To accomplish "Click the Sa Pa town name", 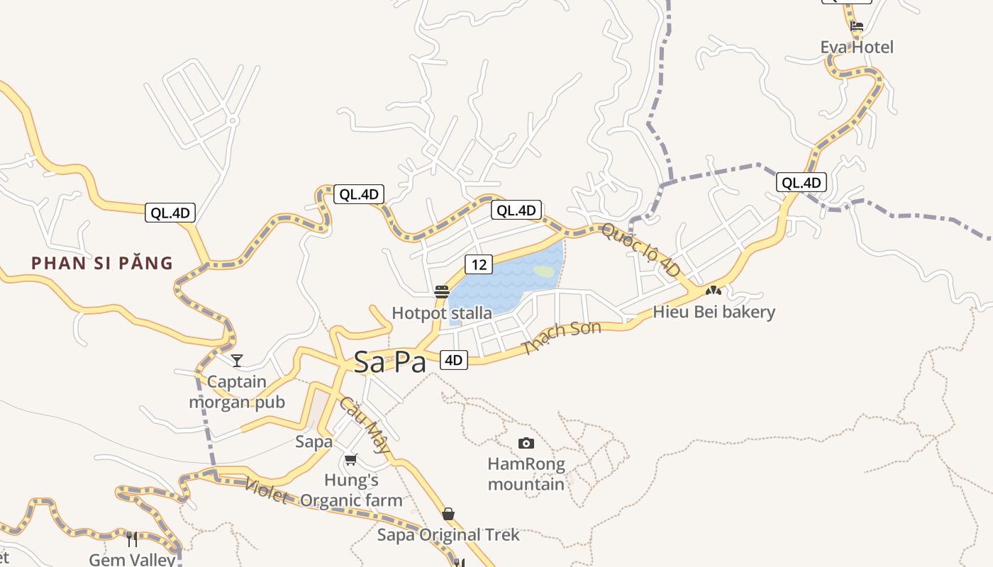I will [x=390, y=361].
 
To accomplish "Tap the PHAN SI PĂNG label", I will [x=102, y=263].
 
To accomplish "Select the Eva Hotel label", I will [x=857, y=47].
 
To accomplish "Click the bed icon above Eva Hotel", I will [x=857, y=27].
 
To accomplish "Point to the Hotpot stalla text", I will [x=442, y=313].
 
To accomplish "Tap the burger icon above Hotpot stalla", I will [x=442, y=291].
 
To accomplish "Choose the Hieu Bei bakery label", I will [x=714, y=312].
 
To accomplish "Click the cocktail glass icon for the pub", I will [x=237, y=361].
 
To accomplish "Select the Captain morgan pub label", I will [x=237, y=392].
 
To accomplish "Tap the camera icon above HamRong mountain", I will [x=526, y=443].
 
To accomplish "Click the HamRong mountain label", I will [x=526, y=474].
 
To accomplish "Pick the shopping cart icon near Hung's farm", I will [x=351, y=459].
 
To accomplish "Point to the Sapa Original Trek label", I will [x=448, y=534].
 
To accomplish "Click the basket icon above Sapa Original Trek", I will [x=448, y=514].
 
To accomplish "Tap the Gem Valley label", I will [x=132, y=559].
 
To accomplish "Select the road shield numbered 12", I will [x=479, y=264].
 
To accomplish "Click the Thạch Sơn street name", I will [x=561, y=338].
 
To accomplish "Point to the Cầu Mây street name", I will [x=365, y=424].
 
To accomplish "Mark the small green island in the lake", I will [x=544, y=271].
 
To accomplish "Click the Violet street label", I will [x=265, y=491].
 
